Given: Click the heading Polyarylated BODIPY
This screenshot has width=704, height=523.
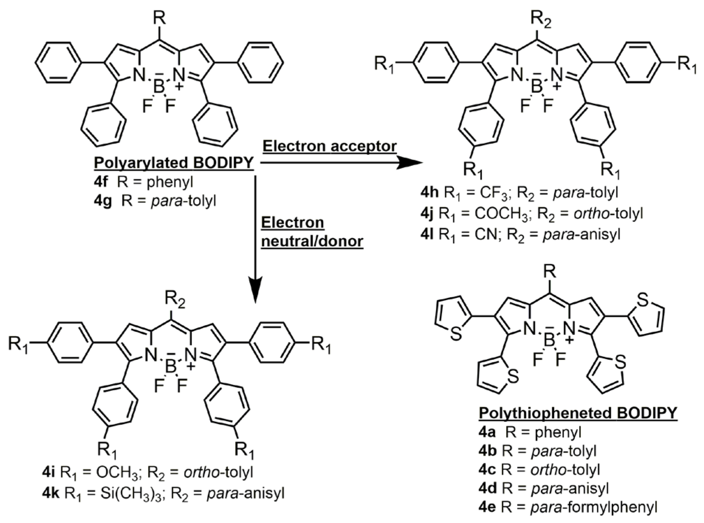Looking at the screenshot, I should point(174,163).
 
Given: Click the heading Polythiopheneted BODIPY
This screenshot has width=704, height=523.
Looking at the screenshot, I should point(578,413).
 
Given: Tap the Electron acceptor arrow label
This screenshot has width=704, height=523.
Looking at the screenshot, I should point(330,146).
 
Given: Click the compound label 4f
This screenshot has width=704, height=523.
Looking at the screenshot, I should point(101,182).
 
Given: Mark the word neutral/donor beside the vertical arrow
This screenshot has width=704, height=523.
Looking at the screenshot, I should point(312,241).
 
